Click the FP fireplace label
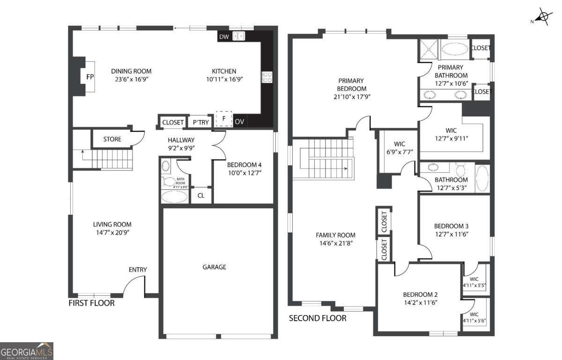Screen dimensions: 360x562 pyautogui.click(x=90, y=76)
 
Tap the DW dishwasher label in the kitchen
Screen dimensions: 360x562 pyautogui.click(x=224, y=37)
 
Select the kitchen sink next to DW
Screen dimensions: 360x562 pyautogui.click(x=239, y=36)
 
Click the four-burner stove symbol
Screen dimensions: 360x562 pyautogui.click(x=267, y=77)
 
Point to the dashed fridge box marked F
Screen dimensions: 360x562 pyautogui.click(x=224, y=119)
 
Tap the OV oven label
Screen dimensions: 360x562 pyautogui.click(x=239, y=122)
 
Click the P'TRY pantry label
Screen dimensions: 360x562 pyautogui.click(x=201, y=122)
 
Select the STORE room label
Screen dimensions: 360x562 pyautogui.click(x=112, y=139)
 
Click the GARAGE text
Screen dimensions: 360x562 pyautogui.click(x=214, y=267)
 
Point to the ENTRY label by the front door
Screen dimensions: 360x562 pyautogui.click(x=138, y=270)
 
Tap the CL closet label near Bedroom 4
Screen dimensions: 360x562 pyautogui.click(x=201, y=196)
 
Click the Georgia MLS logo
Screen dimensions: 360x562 pyautogui.click(x=27, y=351)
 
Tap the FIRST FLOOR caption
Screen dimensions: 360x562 pyautogui.click(x=91, y=303)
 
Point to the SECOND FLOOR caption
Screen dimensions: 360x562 pyautogui.click(x=318, y=318)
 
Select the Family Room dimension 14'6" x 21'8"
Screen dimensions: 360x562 pyautogui.click(x=335, y=243)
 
